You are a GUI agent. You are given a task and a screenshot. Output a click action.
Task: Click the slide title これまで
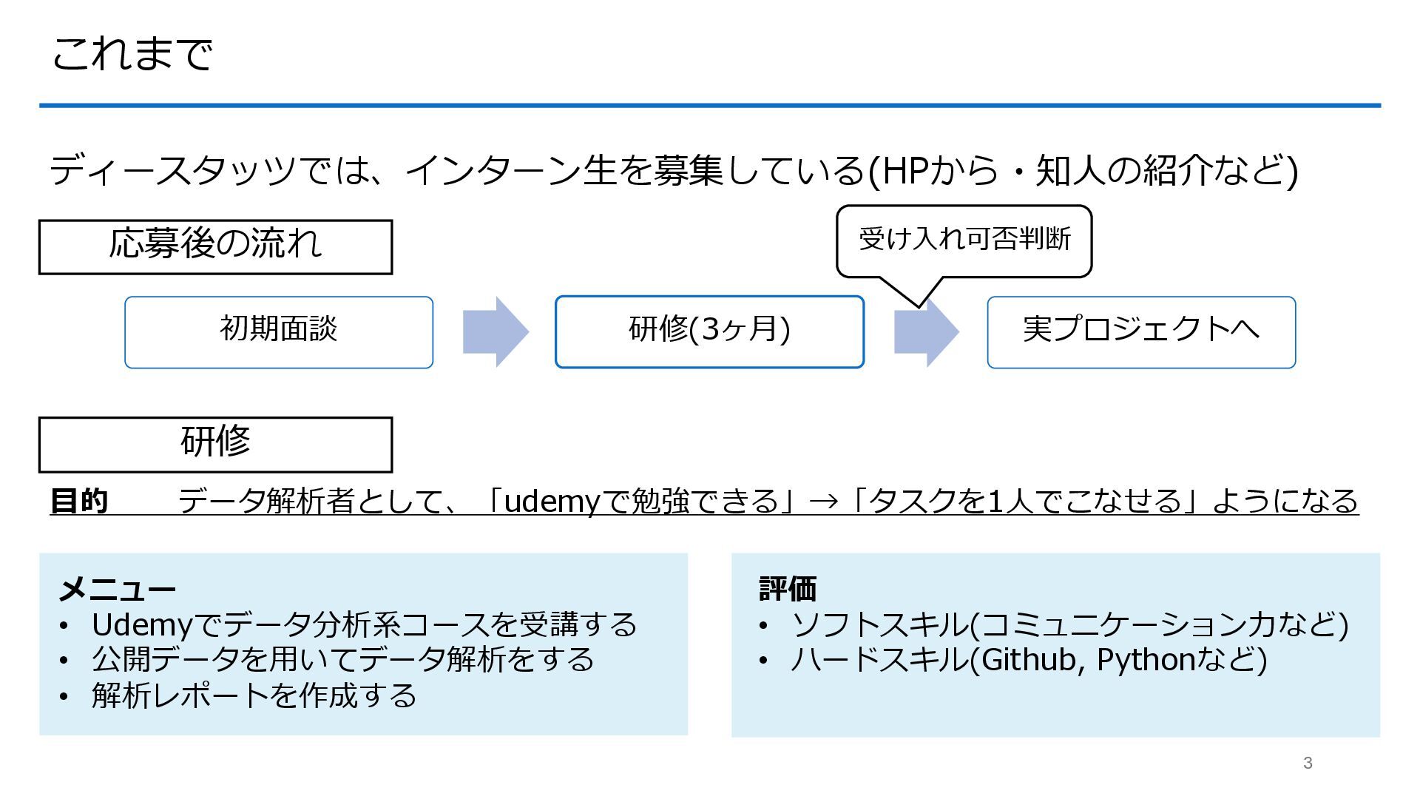pyautogui.click(x=132, y=54)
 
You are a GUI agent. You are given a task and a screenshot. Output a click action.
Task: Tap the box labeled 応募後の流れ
pyautogui.click(x=215, y=247)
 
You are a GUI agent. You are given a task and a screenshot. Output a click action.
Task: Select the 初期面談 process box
pyautogui.click(x=279, y=332)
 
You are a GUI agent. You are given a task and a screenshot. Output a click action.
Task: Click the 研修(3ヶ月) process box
pyautogui.click(x=709, y=332)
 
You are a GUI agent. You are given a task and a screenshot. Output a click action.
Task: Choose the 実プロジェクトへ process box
pyautogui.click(x=1141, y=332)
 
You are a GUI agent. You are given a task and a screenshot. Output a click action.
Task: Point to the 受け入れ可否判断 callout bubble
pyautogui.click(x=964, y=240)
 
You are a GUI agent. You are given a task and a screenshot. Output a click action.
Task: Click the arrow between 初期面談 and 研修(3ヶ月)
pyautogui.click(x=495, y=332)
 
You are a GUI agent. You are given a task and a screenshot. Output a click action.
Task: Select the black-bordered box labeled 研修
pyautogui.click(x=215, y=445)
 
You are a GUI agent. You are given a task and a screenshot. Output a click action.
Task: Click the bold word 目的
pyautogui.click(x=79, y=501)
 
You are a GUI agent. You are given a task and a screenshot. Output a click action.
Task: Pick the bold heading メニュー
pyautogui.click(x=117, y=590)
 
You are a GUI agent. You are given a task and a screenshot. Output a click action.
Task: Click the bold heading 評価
pyautogui.click(x=788, y=590)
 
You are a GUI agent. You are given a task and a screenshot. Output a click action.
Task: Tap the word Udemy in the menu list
pyautogui.click(x=142, y=625)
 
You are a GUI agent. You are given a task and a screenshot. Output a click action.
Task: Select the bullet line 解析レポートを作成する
pyautogui.click(x=254, y=695)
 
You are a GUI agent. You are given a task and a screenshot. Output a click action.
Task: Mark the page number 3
pyautogui.click(x=1308, y=763)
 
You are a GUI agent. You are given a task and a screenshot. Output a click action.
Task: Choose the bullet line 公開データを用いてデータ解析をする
pyautogui.click(x=342, y=660)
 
